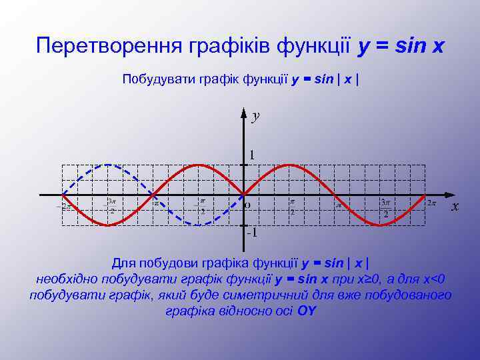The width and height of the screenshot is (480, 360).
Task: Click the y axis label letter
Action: tap(255, 116)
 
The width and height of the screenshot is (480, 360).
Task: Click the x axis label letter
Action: tap(455, 206)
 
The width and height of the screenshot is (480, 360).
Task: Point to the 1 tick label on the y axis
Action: tap(251, 155)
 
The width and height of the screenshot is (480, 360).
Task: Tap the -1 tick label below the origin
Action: tap(251, 233)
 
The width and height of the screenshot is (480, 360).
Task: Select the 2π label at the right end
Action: tap(432, 202)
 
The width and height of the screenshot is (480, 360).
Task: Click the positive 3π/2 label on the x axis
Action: tap(385, 207)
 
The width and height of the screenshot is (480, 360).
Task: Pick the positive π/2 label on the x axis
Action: tap(292, 206)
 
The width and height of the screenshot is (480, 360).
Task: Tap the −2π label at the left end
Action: tap(65, 207)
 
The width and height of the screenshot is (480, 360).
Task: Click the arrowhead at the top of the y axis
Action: tap(243, 109)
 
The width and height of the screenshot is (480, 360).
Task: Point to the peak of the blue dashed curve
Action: tap(107, 165)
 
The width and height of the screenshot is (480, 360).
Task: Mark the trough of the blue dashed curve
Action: tap(197, 225)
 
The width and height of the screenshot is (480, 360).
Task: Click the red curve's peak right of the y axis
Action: tap(288, 165)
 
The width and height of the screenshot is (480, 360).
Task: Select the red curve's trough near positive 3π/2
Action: tap(379, 225)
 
